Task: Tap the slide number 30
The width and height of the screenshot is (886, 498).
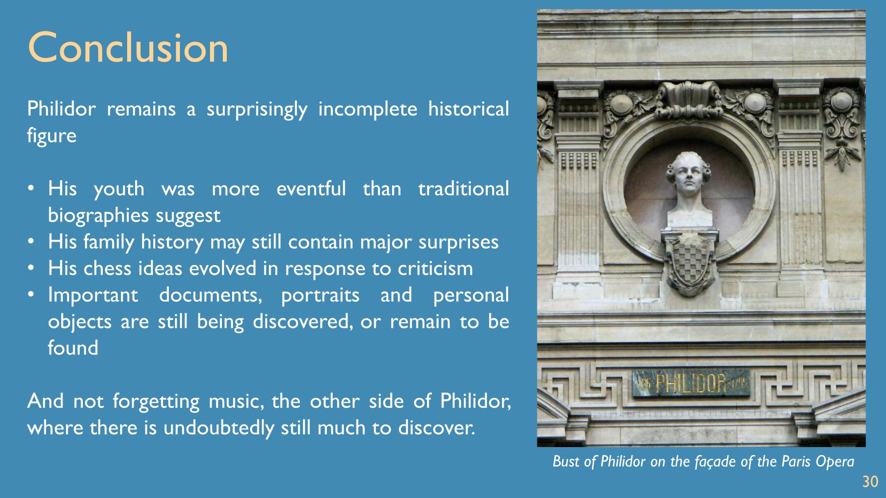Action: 870,482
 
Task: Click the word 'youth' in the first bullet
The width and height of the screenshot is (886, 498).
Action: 119,189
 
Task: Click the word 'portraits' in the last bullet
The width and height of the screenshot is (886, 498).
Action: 320,295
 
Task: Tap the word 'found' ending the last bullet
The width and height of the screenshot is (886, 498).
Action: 73,347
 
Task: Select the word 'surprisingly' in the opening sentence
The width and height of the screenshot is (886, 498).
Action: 257,109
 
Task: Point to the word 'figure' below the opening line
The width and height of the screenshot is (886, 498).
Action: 52,136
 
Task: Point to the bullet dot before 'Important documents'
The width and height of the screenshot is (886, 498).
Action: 31,294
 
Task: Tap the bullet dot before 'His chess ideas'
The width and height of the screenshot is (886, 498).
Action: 31,268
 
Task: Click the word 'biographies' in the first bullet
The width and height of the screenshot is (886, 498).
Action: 98,216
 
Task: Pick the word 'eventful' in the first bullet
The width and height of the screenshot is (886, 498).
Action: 311,189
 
